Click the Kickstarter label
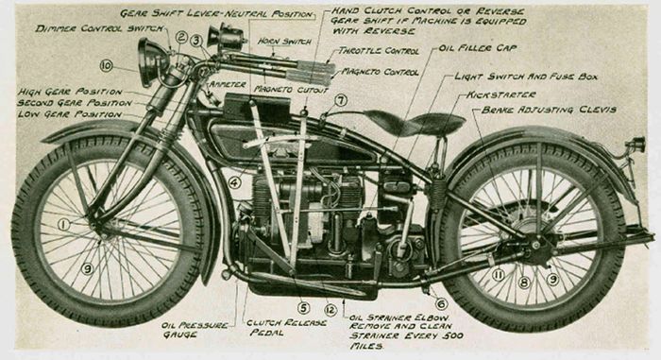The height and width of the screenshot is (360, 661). [500, 94]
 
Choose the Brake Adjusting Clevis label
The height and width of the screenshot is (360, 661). [549, 110]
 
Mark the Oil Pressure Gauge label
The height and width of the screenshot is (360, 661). [195, 331]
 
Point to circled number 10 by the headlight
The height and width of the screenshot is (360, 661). [106, 65]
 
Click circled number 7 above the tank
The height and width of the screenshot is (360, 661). [340, 99]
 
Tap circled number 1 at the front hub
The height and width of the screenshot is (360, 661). [64, 225]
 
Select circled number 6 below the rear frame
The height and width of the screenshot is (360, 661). [441, 303]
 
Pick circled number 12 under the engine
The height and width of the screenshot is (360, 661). [330, 308]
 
